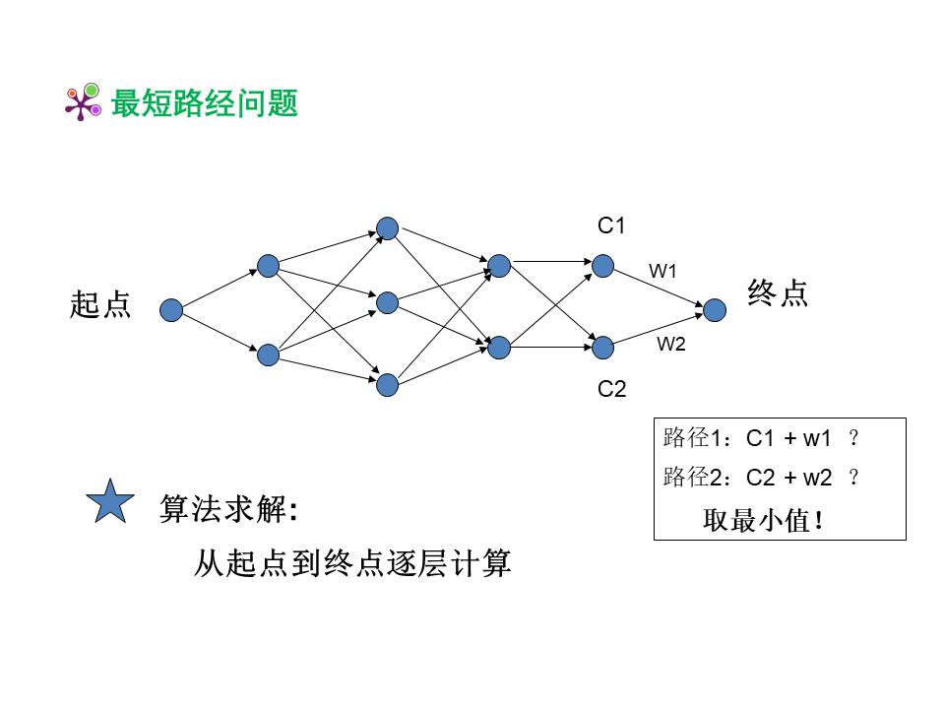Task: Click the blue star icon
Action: tap(110, 503)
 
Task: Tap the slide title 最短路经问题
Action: tap(205, 103)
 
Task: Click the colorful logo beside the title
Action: tap(83, 102)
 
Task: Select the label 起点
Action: tap(99, 304)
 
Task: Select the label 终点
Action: tap(778, 293)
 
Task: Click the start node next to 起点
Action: tap(171, 310)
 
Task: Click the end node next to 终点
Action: tap(715, 310)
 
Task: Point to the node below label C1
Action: tap(602, 266)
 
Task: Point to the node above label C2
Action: tap(602, 347)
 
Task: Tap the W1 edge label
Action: tap(662, 270)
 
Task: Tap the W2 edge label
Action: tap(671, 344)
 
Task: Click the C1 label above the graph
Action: tap(611, 226)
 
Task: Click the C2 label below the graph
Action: tap(611, 389)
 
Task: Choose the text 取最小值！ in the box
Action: tap(763, 519)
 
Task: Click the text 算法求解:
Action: tap(228, 510)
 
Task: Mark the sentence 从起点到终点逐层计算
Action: tap(352, 564)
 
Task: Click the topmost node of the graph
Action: tap(387, 228)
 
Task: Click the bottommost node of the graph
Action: tap(387, 384)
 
